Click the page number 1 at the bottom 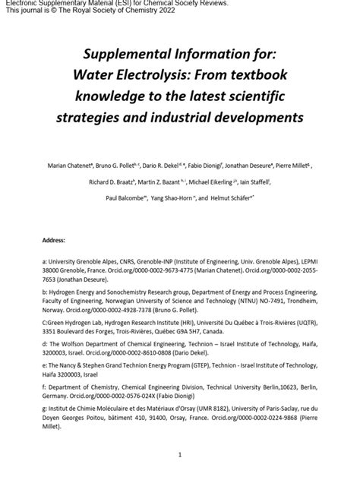(180, 455)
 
